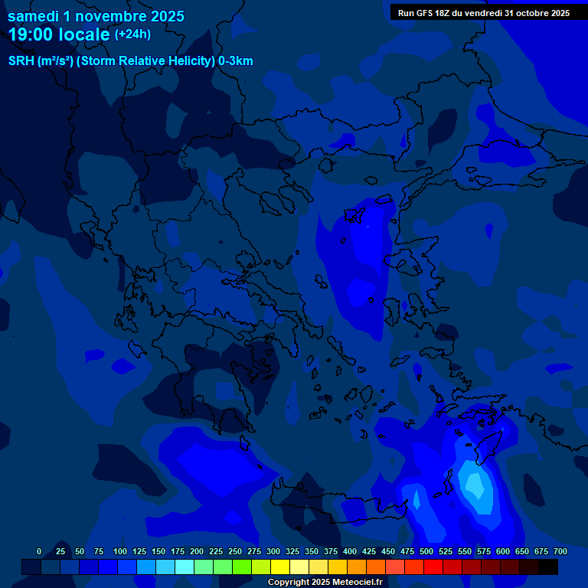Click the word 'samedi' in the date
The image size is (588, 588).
pos(33,16)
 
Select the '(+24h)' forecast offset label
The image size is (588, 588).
pos(132,34)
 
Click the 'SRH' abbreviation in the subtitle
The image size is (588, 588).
pos(21,61)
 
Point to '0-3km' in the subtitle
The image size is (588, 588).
pos(236,61)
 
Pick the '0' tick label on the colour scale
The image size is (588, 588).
pos(39,551)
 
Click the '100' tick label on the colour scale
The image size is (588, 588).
pos(120,551)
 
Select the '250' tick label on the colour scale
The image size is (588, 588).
pos(235,551)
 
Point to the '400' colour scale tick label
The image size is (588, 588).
pos(350,551)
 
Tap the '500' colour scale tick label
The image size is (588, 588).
pos(426,551)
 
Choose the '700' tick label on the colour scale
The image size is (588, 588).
pos(560,551)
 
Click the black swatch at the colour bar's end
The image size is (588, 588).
pos(548,567)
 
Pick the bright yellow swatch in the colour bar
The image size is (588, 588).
pos(280,567)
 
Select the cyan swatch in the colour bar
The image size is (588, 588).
pos(165,567)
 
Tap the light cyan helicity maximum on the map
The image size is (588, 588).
pos(475,484)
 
